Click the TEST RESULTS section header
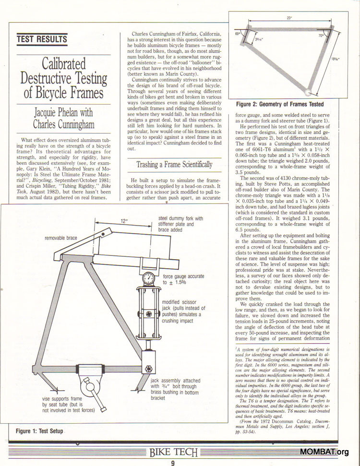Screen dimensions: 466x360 click(x=42, y=39)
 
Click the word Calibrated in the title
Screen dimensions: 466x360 click(x=63, y=64)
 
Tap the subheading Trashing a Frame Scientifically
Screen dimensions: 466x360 click(x=174, y=165)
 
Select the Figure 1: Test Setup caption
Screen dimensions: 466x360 click(x=39, y=431)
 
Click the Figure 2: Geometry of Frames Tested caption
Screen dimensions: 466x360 click(x=280, y=104)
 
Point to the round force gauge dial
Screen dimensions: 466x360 click(x=148, y=278)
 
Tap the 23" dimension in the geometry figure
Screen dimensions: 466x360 click(x=289, y=18)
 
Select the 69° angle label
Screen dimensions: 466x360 click(x=238, y=34)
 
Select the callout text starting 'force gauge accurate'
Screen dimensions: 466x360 click(x=183, y=280)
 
